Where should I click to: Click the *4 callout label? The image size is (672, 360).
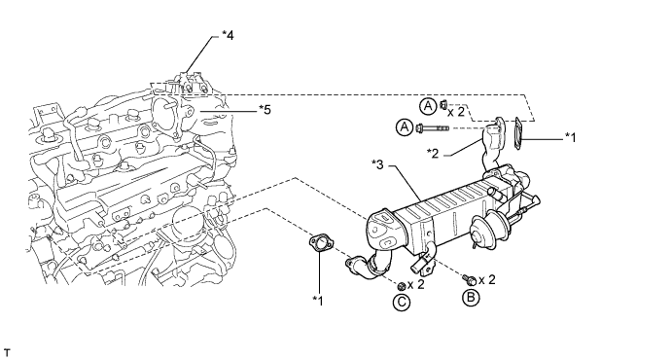(228, 35)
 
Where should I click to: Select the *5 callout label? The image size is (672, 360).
(265, 110)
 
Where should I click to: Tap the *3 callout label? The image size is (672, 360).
(377, 164)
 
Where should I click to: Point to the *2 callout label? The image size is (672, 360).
(433, 154)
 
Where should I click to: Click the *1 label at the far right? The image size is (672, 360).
(571, 137)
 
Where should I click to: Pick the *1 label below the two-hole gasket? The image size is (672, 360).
(318, 301)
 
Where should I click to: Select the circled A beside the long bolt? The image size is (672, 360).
(405, 127)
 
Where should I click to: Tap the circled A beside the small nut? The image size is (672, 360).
(427, 106)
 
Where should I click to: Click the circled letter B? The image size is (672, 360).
(471, 298)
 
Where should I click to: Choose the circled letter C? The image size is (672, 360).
(402, 303)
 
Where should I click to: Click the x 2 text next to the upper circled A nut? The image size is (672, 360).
(456, 112)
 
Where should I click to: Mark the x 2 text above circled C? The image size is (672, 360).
(415, 284)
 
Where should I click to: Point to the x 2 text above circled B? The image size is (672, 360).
(487, 280)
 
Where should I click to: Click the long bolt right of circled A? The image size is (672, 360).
(433, 127)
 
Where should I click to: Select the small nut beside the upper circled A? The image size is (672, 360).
(443, 104)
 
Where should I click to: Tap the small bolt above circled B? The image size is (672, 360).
(469, 280)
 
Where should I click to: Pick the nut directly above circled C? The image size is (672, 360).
(402, 286)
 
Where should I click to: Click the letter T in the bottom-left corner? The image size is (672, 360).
(7, 352)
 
